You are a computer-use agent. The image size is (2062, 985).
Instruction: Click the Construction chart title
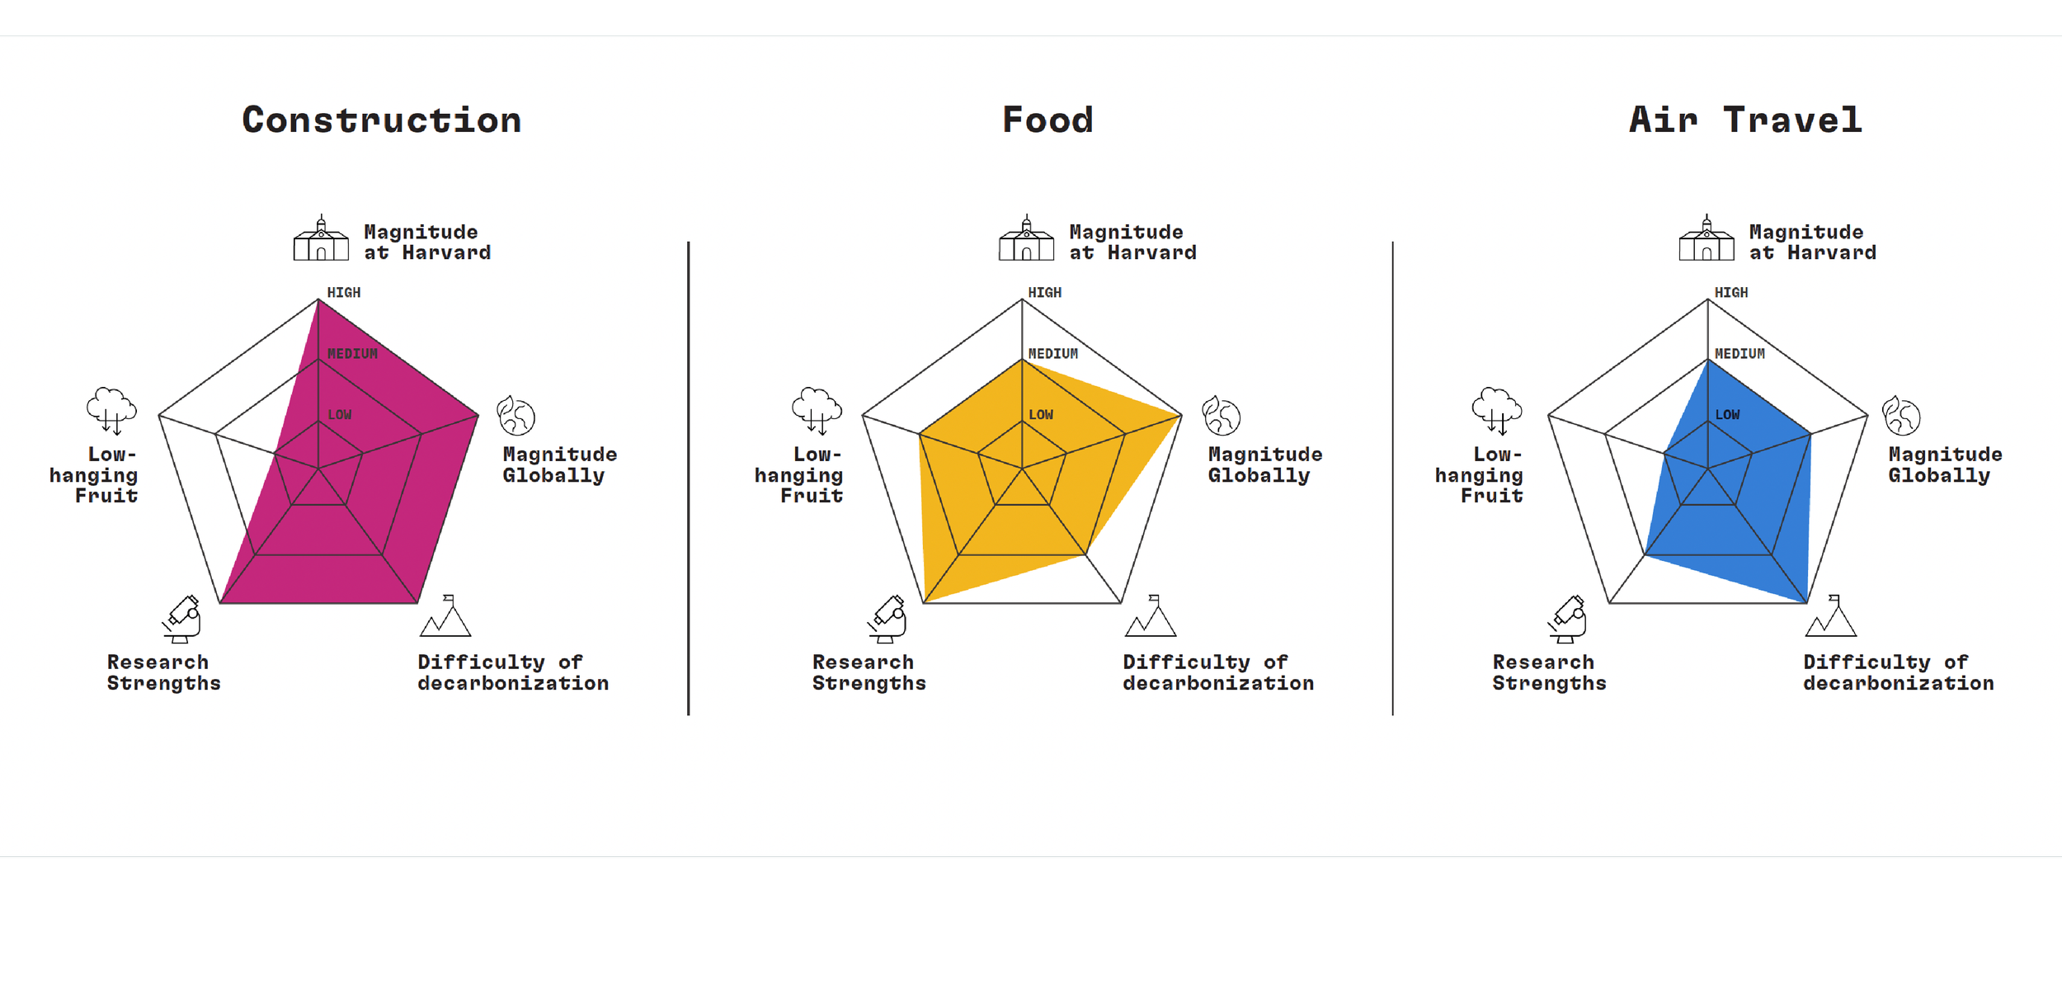(382, 120)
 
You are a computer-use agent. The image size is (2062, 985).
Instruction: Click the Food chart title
(1047, 120)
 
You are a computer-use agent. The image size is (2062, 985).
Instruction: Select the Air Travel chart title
(1745, 120)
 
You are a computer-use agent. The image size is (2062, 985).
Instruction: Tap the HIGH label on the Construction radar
(344, 293)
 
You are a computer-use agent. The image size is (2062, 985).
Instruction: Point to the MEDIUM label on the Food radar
(1053, 354)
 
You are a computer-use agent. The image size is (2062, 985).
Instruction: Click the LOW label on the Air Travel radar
(1727, 415)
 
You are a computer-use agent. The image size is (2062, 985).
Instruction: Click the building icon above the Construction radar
(321, 239)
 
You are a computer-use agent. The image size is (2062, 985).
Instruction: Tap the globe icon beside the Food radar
(1221, 416)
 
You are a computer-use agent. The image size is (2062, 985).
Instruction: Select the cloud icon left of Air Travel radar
(1496, 410)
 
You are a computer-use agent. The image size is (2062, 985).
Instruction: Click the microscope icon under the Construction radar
(182, 619)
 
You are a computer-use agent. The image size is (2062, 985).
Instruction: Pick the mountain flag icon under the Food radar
(1151, 616)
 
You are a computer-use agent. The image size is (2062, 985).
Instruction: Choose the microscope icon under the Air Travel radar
(1567, 619)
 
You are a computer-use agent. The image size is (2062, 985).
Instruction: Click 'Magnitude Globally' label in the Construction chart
(559, 465)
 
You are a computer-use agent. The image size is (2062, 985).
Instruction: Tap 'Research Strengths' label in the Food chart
(869, 673)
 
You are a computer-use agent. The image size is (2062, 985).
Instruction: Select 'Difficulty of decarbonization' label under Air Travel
(1898, 673)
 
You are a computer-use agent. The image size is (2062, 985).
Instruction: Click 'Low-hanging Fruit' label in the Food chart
(800, 475)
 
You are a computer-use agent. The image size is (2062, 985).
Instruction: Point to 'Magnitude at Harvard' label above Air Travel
(1812, 243)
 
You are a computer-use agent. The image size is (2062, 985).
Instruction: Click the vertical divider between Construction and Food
(689, 478)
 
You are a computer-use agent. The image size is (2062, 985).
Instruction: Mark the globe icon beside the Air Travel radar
(1901, 416)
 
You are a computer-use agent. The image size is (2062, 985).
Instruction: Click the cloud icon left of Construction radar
(111, 410)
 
